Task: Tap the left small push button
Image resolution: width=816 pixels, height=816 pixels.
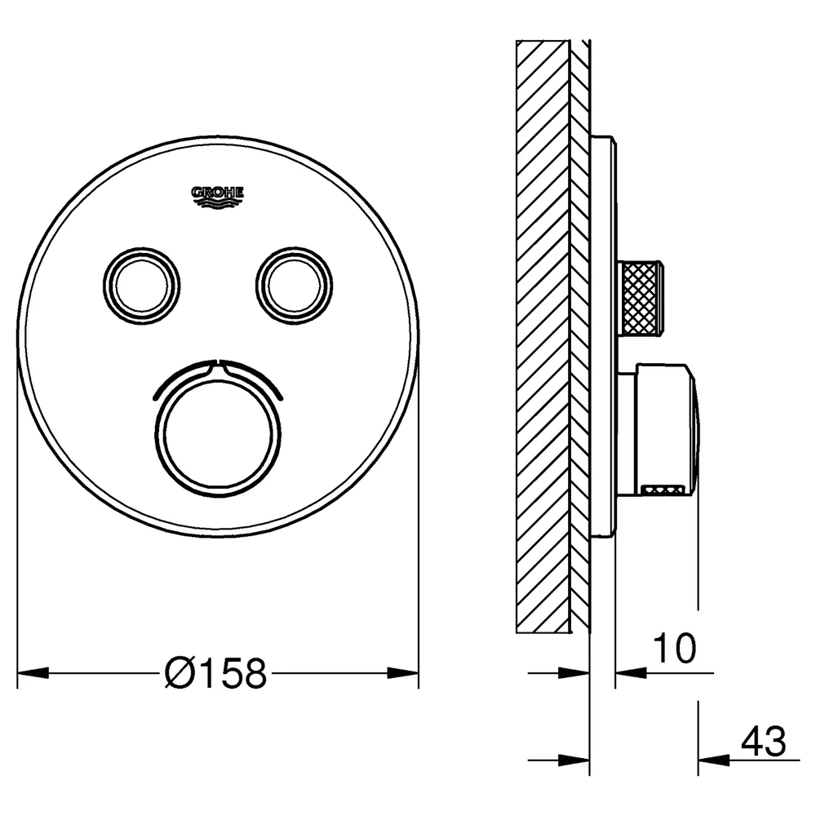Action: click(141, 286)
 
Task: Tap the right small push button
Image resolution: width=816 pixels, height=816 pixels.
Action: click(294, 286)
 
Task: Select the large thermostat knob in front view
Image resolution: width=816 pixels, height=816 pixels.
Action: click(218, 435)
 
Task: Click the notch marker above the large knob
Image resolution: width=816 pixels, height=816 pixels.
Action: click(218, 367)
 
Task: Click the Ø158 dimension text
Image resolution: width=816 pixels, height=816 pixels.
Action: click(215, 673)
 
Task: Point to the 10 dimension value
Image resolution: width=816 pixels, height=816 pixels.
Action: click(674, 649)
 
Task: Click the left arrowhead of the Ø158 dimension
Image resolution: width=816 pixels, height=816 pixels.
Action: click(33, 673)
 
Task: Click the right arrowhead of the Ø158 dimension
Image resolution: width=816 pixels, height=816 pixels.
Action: click(403, 673)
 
